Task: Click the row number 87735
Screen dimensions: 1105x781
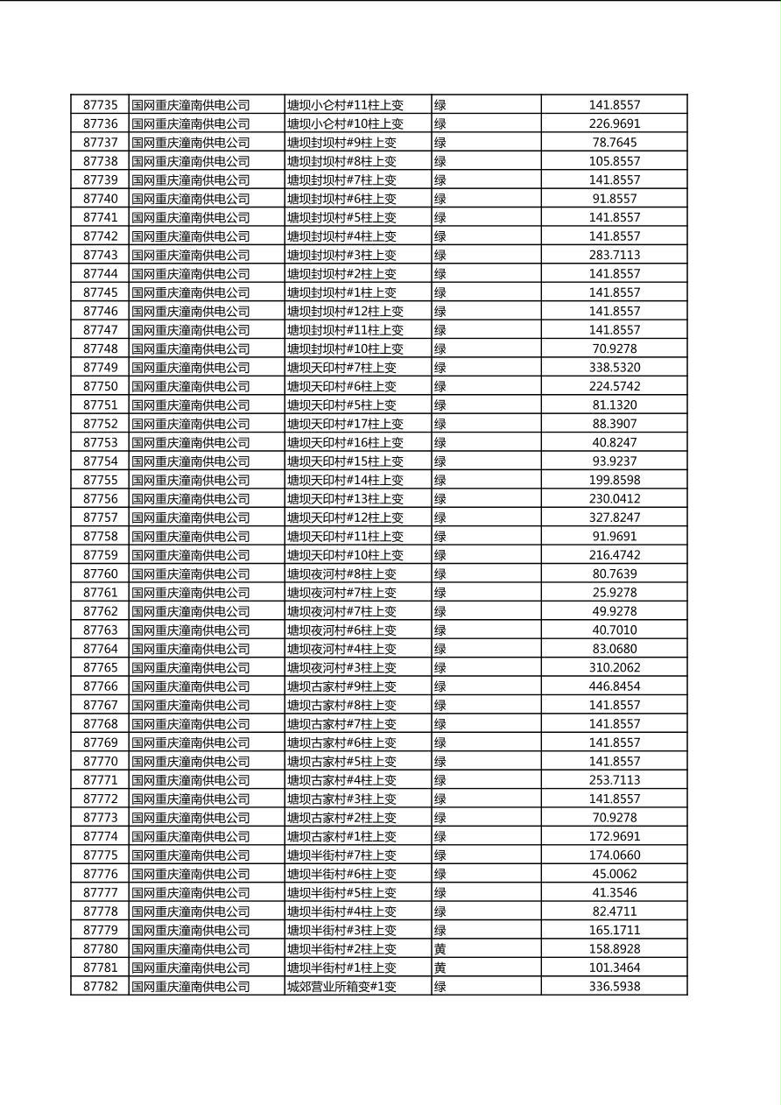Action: click(x=100, y=105)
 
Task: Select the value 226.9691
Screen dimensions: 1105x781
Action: click(x=614, y=123)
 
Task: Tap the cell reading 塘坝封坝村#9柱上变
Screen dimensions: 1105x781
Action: click(x=341, y=143)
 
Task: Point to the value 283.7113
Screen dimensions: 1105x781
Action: click(x=614, y=255)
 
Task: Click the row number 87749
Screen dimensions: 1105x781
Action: click(x=100, y=368)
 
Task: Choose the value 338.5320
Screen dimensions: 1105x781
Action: click(x=614, y=368)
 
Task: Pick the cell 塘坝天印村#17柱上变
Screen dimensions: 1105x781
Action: click(x=345, y=424)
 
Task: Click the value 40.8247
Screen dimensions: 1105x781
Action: click(x=614, y=442)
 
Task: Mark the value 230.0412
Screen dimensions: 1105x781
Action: click(x=614, y=499)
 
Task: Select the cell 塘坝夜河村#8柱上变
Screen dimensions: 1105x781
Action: click(x=341, y=574)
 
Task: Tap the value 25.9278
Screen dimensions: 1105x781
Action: click(x=614, y=593)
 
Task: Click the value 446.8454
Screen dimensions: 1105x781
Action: click(x=614, y=686)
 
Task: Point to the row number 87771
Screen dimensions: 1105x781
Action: click(x=100, y=780)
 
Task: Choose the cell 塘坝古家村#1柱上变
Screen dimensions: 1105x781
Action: click(x=341, y=836)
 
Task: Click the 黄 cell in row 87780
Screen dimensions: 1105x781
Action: click(x=440, y=949)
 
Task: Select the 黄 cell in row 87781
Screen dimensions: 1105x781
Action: click(x=440, y=968)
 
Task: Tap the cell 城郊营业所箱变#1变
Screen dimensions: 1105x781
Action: click(x=341, y=987)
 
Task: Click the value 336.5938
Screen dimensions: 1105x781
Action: click(x=614, y=987)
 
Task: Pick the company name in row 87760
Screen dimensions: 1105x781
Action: click(x=190, y=574)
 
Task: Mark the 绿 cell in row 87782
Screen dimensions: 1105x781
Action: click(x=440, y=987)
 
